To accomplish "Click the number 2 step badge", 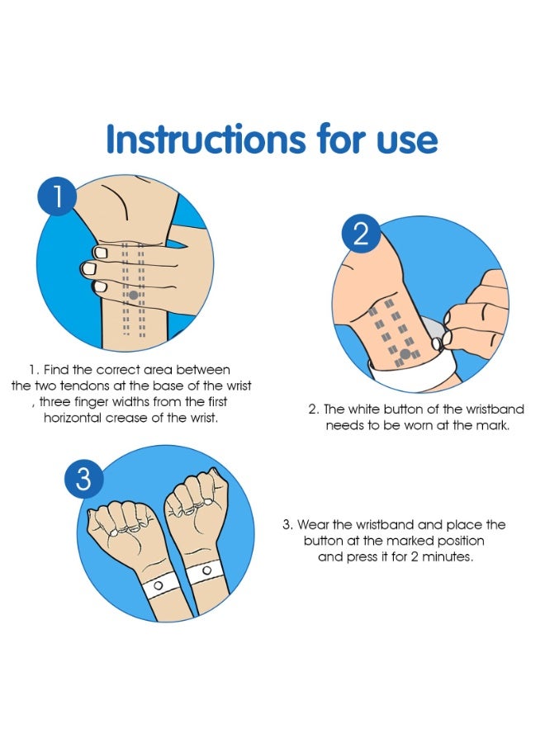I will click(361, 234).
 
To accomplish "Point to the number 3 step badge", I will click(84, 479).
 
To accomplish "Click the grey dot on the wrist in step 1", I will click(133, 295).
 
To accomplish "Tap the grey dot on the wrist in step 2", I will click(405, 355).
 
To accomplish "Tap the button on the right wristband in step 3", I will click(206, 570).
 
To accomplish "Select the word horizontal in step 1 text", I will click(80, 419).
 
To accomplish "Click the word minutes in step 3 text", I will click(457, 557).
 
